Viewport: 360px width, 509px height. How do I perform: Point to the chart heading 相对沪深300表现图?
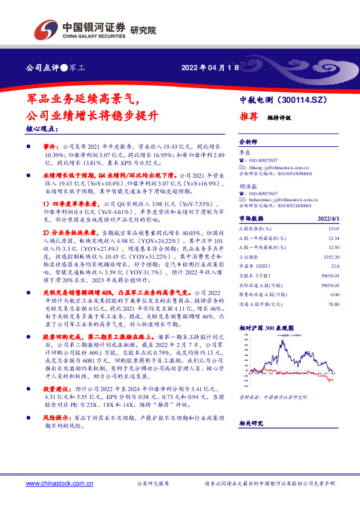266,327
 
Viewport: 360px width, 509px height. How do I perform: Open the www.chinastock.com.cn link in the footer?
57,484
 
